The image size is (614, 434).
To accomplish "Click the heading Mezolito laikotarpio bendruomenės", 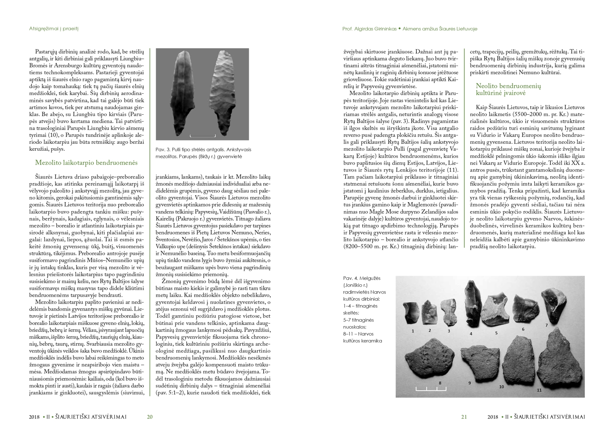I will pos(86,163).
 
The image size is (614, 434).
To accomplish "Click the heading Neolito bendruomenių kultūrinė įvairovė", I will pos(508,89).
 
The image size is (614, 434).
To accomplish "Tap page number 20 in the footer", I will pos(149,417).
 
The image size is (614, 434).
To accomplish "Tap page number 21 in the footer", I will pos(464,417).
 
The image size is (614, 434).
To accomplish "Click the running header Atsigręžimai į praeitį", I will pos(53,29).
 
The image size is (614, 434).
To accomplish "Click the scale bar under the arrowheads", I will pos(203,136).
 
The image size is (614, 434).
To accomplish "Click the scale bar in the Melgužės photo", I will pos(426,389).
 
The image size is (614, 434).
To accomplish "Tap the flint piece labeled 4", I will pos(472,303).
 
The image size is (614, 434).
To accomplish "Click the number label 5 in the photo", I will pos(496,333).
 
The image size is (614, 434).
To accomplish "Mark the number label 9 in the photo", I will pos(469,383).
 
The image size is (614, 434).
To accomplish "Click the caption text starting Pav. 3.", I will pos(203,153).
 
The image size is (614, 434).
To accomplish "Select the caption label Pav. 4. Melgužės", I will pos(362,278).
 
